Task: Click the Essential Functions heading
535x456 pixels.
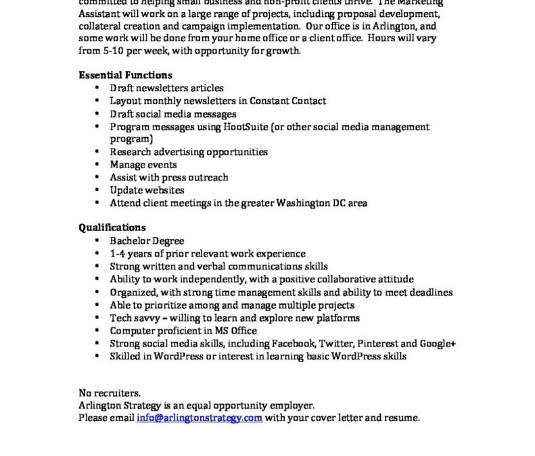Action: point(125,75)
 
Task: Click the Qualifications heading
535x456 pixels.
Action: point(112,228)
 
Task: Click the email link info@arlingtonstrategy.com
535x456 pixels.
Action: point(200,418)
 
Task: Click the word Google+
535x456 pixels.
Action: point(440,343)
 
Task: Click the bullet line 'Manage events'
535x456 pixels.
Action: point(143,165)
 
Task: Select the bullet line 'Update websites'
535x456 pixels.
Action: point(147,191)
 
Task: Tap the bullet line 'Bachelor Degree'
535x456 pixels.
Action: point(147,241)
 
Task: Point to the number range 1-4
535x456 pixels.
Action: point(119,254)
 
